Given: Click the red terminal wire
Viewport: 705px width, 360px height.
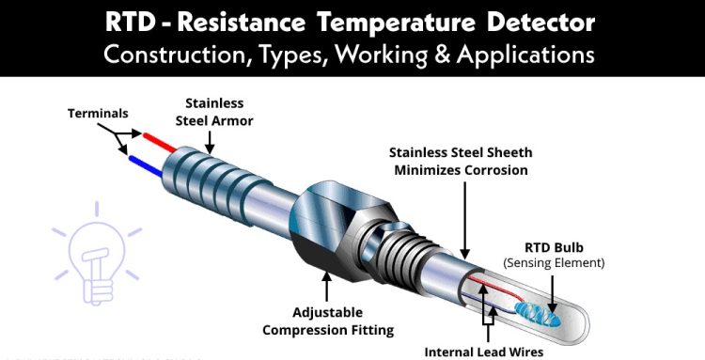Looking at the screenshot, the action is coord(159,143).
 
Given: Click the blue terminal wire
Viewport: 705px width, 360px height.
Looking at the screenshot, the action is coord(145,165).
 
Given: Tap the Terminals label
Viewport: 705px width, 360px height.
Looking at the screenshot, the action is coord(98,113).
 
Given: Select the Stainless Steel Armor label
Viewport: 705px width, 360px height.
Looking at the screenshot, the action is coord(214,112).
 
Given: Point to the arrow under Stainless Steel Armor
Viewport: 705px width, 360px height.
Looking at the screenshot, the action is coord(210,143).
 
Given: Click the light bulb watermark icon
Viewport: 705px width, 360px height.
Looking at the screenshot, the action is coord(96,254).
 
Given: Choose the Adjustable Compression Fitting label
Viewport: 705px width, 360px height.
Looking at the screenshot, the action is coord(328,321).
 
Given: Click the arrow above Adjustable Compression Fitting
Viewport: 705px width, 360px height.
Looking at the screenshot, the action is coord(327,287).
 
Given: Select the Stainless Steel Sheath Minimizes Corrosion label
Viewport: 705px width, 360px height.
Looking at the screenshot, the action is coord(461,162).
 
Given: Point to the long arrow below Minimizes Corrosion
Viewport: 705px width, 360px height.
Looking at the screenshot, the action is coord(465,220).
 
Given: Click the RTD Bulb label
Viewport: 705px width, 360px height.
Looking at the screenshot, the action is coord(554,247).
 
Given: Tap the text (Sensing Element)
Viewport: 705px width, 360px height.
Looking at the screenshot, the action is coord(554,262).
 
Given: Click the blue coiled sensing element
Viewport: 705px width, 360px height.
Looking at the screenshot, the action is coord(538,314).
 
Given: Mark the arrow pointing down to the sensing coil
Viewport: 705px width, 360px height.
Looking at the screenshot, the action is coord(552,294).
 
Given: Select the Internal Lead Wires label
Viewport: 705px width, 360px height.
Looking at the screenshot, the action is coord(484,352).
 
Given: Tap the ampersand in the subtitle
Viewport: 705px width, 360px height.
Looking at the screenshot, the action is coord(441,55).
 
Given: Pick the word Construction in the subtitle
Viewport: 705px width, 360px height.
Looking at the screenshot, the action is coord(177,55).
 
